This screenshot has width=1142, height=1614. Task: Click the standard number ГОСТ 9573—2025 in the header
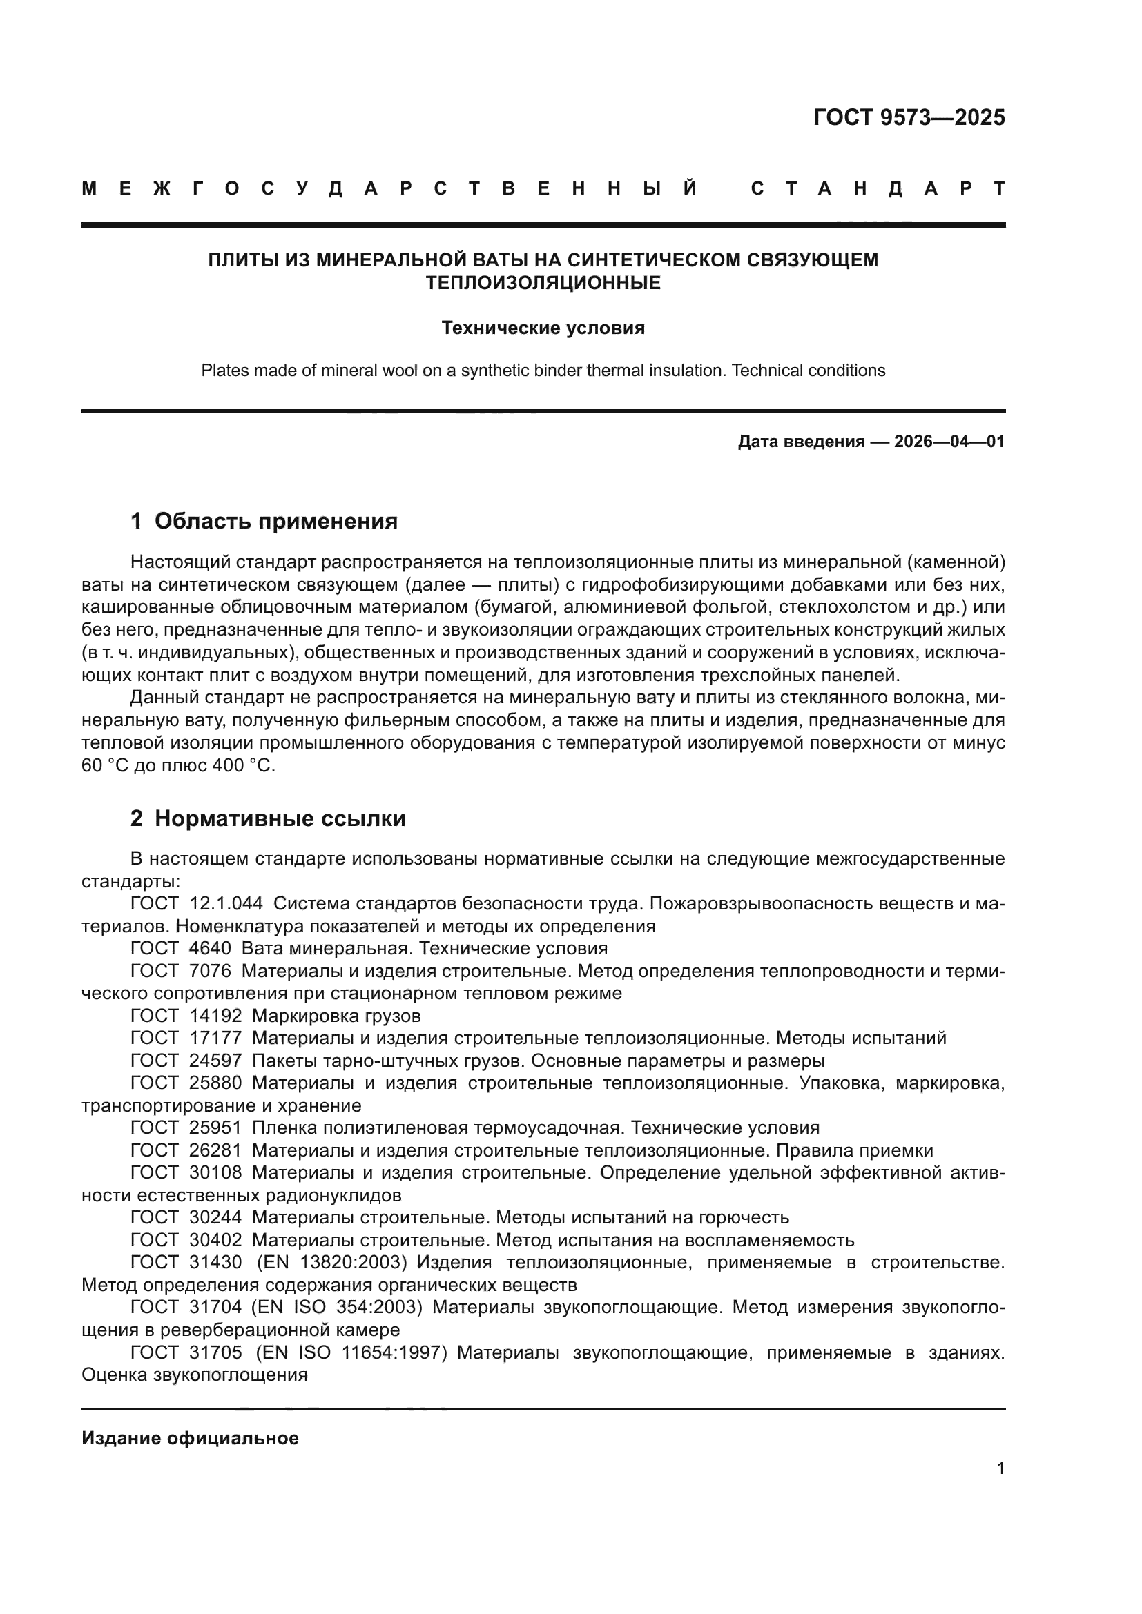click(x=909, y=117)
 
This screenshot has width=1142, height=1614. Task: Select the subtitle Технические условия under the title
click(x=543, y=328)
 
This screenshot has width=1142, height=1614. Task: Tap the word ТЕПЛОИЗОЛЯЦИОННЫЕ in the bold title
click(x=543, y=284)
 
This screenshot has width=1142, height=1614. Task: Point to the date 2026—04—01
click(x=949, y=442)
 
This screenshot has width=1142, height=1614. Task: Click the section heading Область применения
click(x=275, y=521)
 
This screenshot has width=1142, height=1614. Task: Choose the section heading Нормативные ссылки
click(x=280, y=818)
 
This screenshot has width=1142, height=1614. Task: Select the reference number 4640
click(x=210, y=948)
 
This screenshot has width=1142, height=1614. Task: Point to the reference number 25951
click(x=215, y=1128)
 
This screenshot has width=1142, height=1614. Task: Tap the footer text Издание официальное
click(x=190, y=1438)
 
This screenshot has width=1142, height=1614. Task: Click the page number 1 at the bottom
click(x=1000, y=1468)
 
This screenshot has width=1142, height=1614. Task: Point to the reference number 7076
click(x=210, y=971)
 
